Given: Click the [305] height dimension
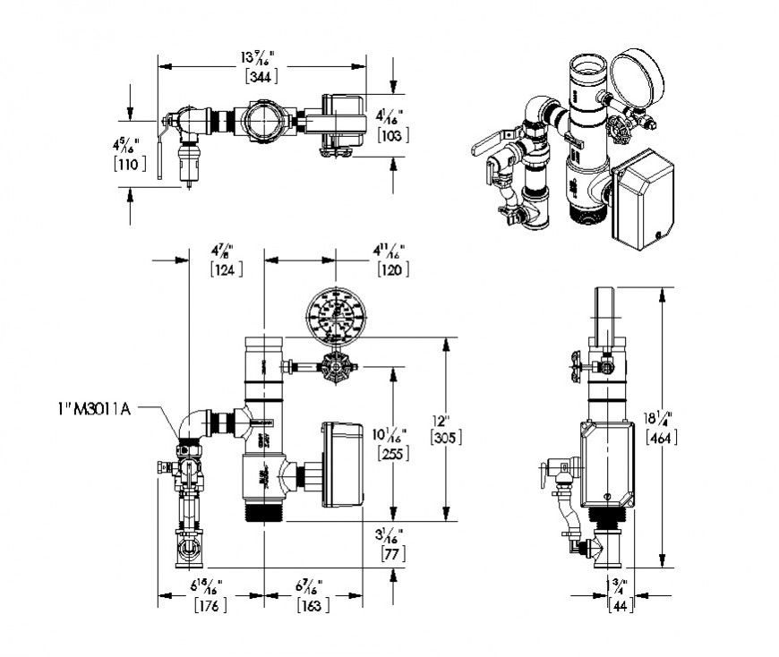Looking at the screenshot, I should (x=445, y=437).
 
